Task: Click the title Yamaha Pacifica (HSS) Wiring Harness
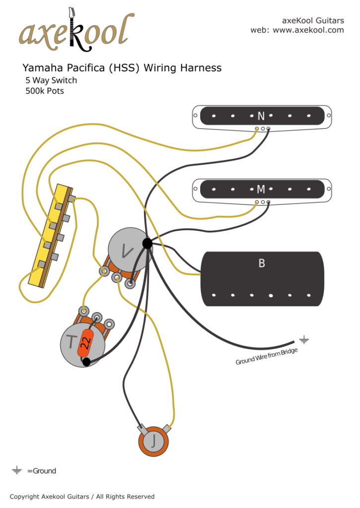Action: (122, 68)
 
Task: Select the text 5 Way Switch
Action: (51, 80)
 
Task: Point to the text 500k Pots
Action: (45, 91)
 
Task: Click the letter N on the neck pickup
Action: (261, 116)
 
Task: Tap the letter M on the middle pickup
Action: (261, 189)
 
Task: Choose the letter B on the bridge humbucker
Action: (262, 263)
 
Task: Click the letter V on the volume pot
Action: (127, 252)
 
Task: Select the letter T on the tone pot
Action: (72, 342)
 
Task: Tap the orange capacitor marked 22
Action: (85, 342)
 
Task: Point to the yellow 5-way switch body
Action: (52, 233)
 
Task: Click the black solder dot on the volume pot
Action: (147, 243)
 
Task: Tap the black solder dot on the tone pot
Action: (86, 362)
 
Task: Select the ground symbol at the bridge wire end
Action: (303, 340)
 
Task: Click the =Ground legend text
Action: (42, 471)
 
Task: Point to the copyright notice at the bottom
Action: (82, 497)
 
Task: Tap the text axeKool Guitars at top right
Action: (313, 20)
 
